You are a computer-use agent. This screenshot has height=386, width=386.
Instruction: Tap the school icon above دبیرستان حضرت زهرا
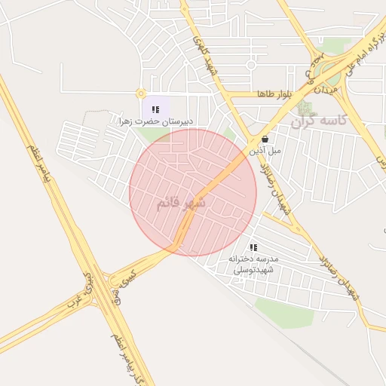click(155, 109)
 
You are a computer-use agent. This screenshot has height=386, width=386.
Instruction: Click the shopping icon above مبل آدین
click(265, 139)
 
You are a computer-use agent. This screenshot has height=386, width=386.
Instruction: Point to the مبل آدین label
click(265, 151)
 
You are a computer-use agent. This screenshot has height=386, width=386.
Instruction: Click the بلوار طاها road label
click(273, 94)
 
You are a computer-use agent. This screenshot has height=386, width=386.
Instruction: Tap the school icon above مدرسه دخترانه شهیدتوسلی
click(253, 247)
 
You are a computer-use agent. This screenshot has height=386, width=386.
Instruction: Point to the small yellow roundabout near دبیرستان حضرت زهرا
click(140, 93)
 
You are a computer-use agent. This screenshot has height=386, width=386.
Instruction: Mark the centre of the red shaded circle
click(193, 192)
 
